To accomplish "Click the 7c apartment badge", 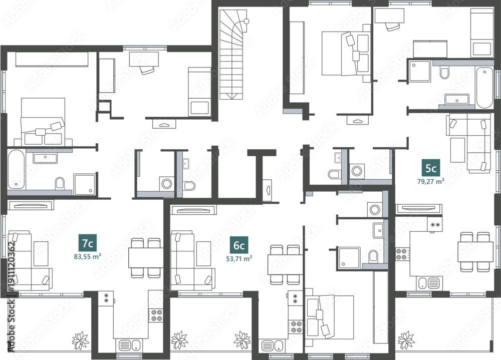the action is click(88, 243).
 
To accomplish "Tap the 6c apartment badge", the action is click(239, 245).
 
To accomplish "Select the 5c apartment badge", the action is click(431, 168).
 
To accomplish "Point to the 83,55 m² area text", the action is click(88, 256).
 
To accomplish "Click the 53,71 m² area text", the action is click(239, 258).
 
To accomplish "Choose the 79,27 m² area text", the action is click(431, 181).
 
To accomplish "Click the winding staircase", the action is click(233, 54).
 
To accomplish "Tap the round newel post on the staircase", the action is click(246, 22).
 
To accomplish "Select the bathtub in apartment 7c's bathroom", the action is click(16, 169).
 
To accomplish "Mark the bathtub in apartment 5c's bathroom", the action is click(484, 88).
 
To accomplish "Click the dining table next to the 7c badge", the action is click(146, 257).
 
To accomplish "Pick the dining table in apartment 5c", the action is click(475, 252).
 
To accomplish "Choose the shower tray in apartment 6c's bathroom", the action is click(348, 257).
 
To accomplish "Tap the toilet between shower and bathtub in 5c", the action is click(444, 73).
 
